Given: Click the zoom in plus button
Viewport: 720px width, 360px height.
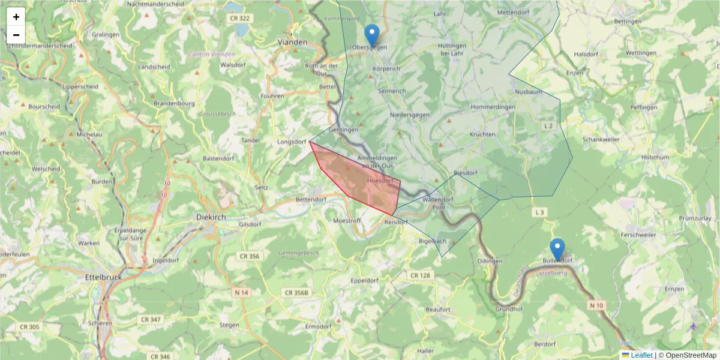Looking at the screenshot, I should [16, 17].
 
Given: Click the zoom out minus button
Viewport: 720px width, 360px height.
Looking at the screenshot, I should [16, 34].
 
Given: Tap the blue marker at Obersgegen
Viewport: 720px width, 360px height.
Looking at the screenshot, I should [372, 35].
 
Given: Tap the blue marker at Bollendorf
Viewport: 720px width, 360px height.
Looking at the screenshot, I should [557, 249].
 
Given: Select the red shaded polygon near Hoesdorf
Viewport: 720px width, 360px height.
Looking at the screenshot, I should [360, 180].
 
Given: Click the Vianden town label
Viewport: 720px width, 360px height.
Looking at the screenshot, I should [293, 43].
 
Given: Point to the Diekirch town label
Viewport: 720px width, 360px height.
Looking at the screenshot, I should [211, 217].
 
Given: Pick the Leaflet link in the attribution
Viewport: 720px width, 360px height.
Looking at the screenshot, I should [641, 355].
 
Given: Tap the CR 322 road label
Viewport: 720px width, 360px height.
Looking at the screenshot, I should [239, 19].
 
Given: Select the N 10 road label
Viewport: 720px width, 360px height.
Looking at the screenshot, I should [596, 305].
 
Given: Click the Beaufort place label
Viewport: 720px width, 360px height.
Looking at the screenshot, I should [437, 309].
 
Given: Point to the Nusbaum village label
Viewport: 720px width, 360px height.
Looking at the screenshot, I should [529, 92].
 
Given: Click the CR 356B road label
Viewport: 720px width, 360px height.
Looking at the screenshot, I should [296, 293].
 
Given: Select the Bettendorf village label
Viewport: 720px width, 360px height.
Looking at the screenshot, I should [311, 199].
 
